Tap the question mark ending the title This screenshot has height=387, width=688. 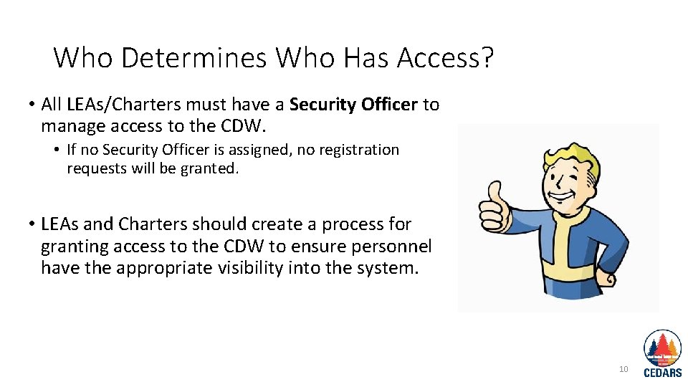(488, 57)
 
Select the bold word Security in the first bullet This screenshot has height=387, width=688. (322, 105)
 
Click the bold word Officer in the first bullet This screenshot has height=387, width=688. (389, 105)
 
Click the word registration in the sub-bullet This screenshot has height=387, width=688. (355, 150)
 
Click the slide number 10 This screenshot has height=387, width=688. (623, 369)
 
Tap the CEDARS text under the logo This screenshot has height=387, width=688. (663, 372)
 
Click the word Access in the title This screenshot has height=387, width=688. (436, 57)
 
